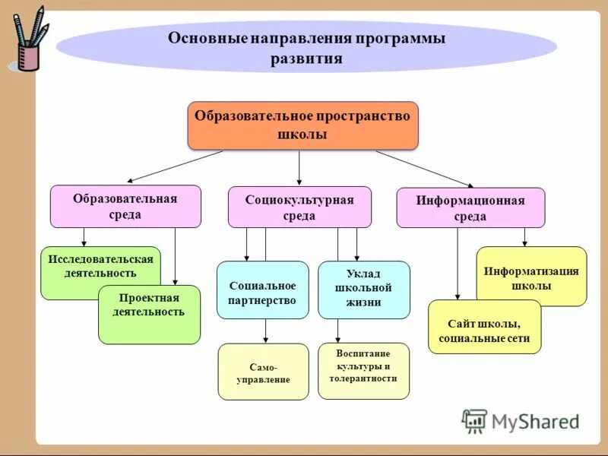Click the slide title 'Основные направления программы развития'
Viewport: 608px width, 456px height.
pyautogui.click(x=306, y=48)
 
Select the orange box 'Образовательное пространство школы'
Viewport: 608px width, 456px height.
pyautogui.click(x=302, y=125)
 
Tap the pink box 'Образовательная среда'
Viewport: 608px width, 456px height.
pyautogui.click(x=125, y=206)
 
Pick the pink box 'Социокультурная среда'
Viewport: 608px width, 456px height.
pyautogui.click(x=299, y=207)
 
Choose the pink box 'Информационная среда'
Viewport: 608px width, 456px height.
pyautogui.click(x=470, y=207)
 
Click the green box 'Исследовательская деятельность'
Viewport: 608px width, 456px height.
pyautogui.click(x=100, y=266)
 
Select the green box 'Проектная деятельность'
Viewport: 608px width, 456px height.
pyautogui.click(x=149, y=314)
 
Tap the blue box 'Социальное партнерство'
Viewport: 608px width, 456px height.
pyautogui.click(x=262, y=290)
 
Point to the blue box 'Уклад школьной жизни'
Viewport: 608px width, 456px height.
pyautogui.click(x=363, y=290)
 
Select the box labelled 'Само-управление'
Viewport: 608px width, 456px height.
pyautogui.click(x=263, y=372)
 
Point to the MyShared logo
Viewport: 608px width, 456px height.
pyautogui.click(x=521, y=421)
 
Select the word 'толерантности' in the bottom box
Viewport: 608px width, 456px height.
pyautogui.click(x=363, y=378)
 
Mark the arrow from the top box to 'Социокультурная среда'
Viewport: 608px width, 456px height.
pyautogui.click(x=299, y=167)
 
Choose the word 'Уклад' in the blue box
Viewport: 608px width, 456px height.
pyautogui.click(x=363, y=274)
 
